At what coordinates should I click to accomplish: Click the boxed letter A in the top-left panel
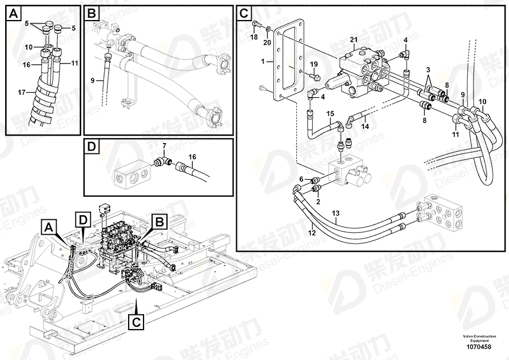(x=14, y=13)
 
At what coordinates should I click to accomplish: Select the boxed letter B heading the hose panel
(x=92, y=13)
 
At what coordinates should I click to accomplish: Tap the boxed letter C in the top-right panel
(x=244, y=13)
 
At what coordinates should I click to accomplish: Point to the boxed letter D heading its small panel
(x=92, y=147)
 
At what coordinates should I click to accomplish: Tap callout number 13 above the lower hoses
(x=336, y=214)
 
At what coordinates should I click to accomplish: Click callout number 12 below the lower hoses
(x=312, y=232)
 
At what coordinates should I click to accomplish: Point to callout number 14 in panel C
(x=365, y=125)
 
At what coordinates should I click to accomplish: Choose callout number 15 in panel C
(x=330, y=114)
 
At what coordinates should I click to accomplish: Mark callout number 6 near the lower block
(x=301, y=179)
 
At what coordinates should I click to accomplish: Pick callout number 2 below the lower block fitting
(x=319, y=201)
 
